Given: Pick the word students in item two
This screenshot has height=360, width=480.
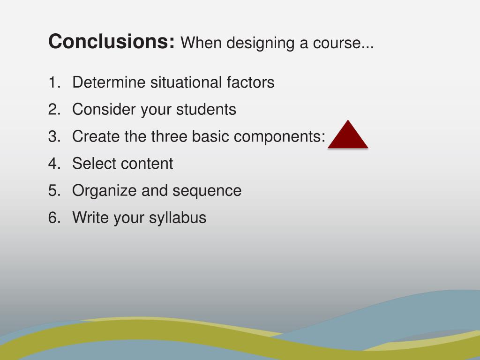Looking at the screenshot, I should (206, 110).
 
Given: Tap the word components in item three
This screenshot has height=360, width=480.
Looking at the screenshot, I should (279, 137).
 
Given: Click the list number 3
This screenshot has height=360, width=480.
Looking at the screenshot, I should (53, 136).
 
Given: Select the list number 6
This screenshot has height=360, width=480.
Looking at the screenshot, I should (53, 218).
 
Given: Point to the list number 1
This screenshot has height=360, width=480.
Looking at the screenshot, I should (53, 82).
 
